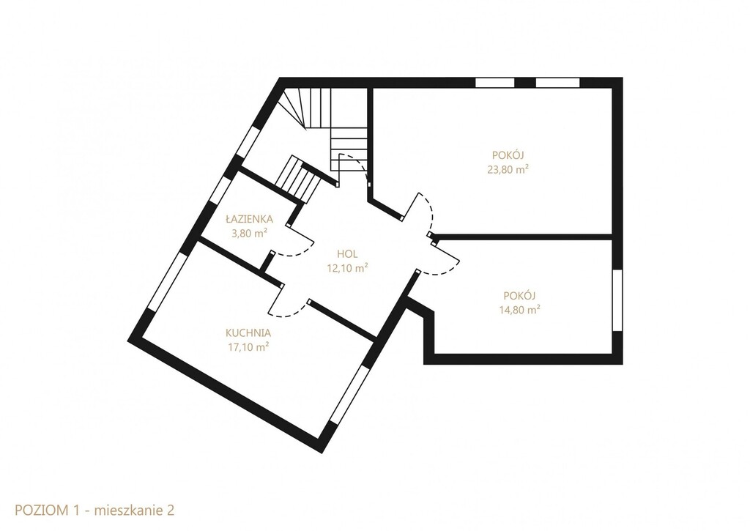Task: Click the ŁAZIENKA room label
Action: (x=249, y=219)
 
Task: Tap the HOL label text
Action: (x=346, y=254)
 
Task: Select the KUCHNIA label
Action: (x=248, y=333)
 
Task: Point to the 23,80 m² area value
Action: (x=508, y=169)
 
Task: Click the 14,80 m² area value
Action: (x=519, y=310)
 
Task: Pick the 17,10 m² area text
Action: (x=248, y=347)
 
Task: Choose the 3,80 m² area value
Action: (x=249, y=234)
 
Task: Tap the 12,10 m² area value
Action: (x=346, y=268)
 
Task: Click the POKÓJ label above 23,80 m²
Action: (x=508, y=155)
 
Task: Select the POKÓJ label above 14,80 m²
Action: (x=519, y=295)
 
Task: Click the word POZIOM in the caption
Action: (x=42, y=510)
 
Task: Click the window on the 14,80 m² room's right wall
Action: (x=617, y=300)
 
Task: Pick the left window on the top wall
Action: (x=494, y=83)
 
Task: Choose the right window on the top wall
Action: (x=557, y=83)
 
